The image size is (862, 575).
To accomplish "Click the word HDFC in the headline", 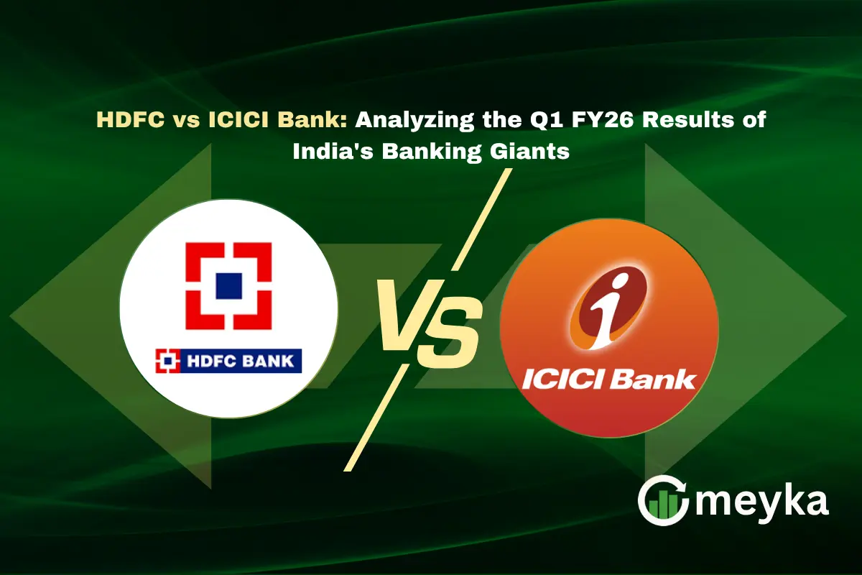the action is click(x=131, y=119).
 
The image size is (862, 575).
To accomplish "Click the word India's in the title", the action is click(x=333, y=151).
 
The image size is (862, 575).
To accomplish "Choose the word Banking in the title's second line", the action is click(x=432, y=152).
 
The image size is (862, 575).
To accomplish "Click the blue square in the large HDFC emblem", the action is click(x=229, y=286).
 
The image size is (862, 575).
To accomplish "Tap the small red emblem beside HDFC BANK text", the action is click(x=167, y=361).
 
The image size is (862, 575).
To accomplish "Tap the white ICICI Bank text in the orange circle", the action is click(x=609, y=379).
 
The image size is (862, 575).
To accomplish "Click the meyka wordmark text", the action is click(x=762, y=503).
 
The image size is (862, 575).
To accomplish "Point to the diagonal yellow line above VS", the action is click(x=482, y=219).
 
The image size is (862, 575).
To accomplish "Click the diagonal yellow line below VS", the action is click(x=376, y=418).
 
